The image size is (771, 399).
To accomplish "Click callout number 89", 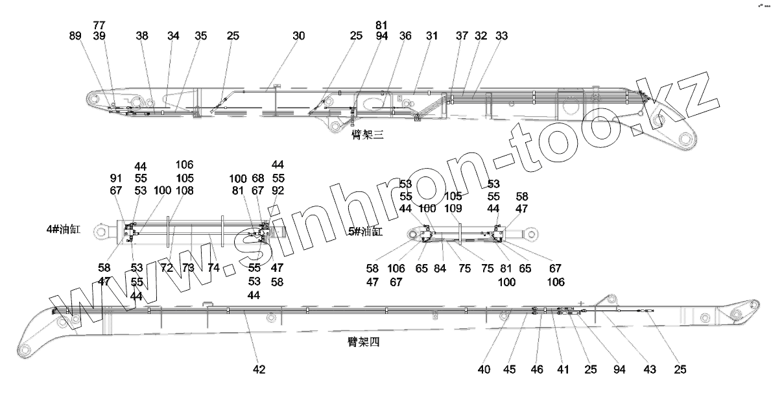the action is click(x=75, y=36).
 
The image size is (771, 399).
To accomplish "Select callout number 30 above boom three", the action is click(x=298, y=36).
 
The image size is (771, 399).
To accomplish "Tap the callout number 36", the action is click(x=405, y=36).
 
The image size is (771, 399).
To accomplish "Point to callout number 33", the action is click(x=501, y=36).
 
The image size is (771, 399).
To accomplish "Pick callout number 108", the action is click(x=185, y=190).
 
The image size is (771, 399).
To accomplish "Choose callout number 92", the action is click(x=278, y=190).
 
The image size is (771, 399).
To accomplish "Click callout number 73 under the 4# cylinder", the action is click(x=188, y=267).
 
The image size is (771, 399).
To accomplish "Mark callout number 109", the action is click(x=453, y=208).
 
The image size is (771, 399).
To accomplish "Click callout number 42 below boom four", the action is click(x=259, y=370).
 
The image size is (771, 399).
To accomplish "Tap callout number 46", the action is click(x=537, y=370).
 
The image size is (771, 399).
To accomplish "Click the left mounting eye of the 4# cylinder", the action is click(x=99, y=230).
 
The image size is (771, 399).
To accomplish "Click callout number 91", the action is click(x=116, y=178).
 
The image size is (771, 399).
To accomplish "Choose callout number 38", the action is click(x=142, y=36).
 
